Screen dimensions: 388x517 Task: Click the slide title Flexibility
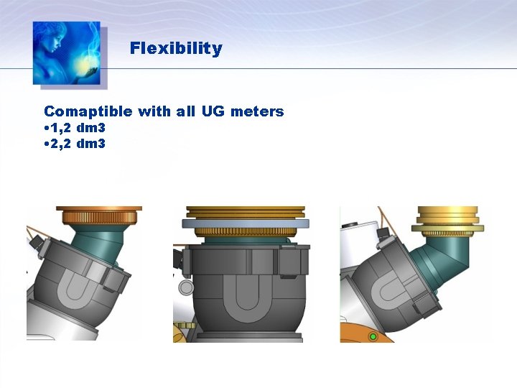176,49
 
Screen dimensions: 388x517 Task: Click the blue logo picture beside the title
66,52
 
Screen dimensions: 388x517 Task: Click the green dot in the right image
372,336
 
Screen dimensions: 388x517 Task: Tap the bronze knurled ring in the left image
99,215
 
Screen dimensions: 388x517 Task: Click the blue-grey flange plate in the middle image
244,223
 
